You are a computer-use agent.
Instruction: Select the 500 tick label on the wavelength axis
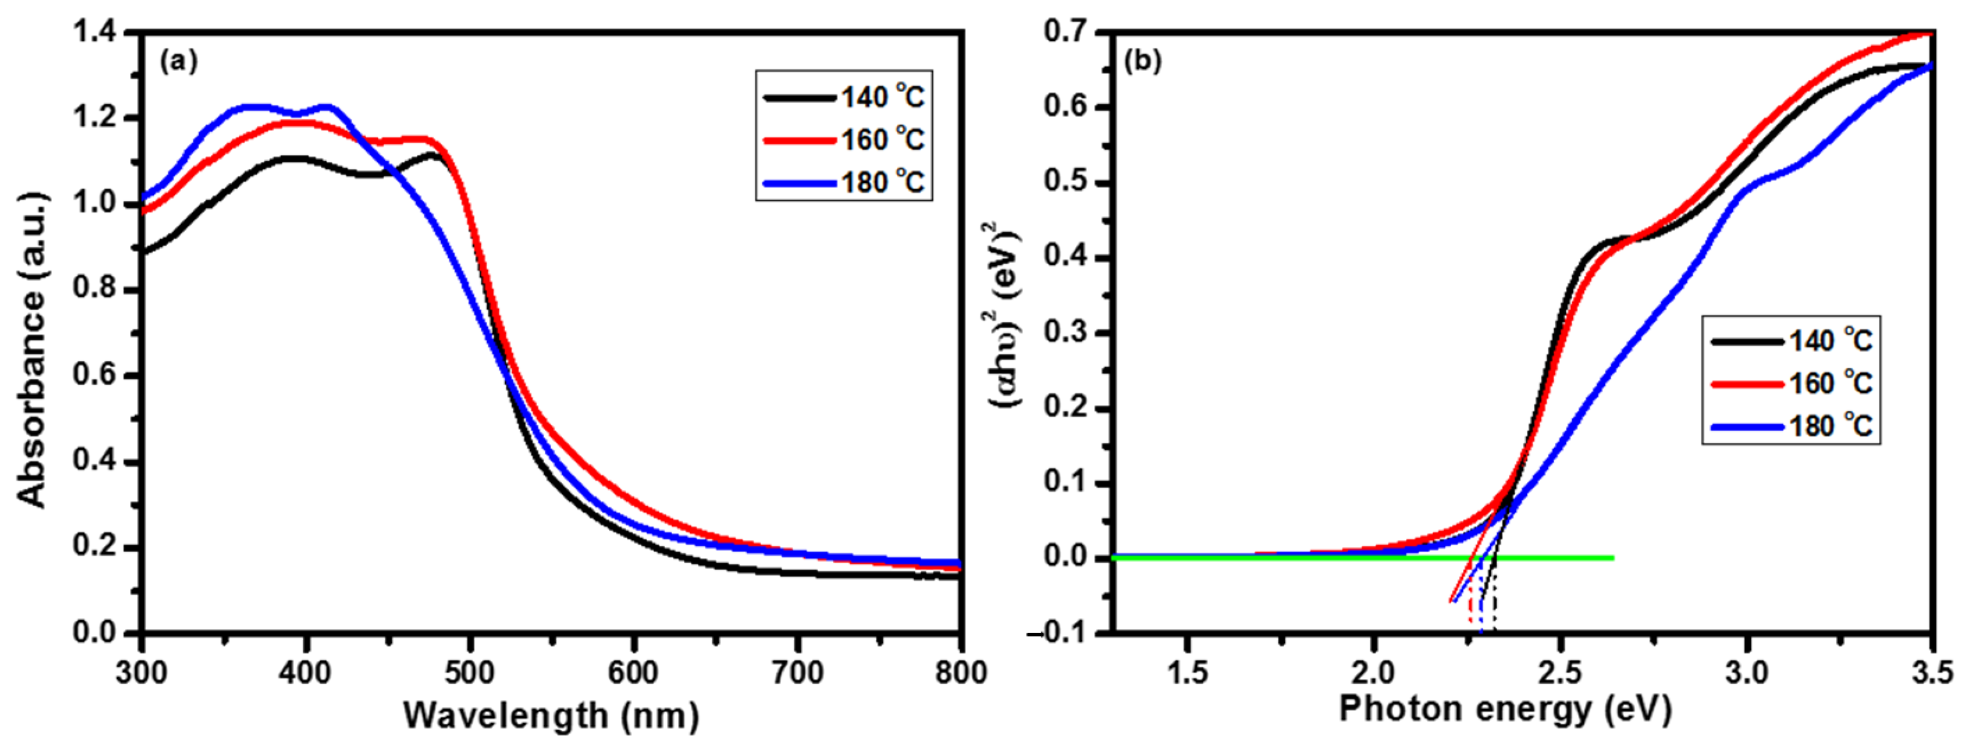(x=470, y=673)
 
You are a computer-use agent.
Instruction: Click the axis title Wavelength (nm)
(x=551, y=716)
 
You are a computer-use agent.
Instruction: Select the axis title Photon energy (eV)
(x=1505, y=710)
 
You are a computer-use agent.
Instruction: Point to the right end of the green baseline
(x=1612, y=558)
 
